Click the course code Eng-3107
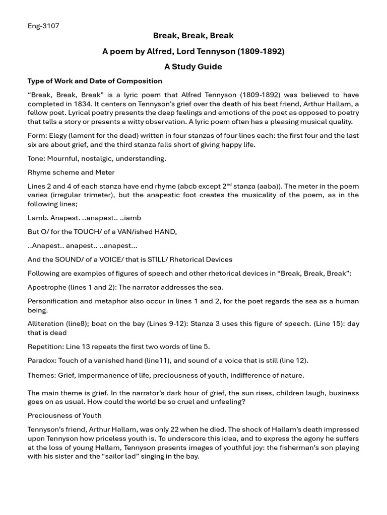43,26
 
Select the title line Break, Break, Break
193,36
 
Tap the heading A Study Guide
193,66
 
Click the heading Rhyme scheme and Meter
71,173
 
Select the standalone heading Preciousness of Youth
64,415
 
